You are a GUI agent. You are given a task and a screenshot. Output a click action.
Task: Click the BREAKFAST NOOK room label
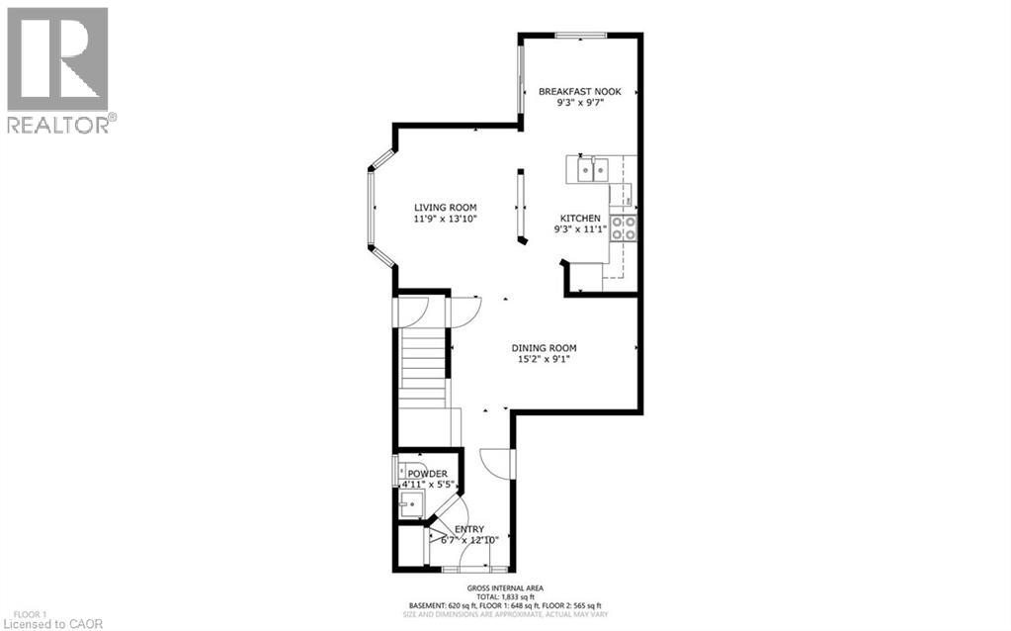click(579, 91)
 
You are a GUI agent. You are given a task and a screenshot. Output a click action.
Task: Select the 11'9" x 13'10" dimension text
click(445, 220)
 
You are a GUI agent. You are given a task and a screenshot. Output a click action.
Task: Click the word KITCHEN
click(580, 218)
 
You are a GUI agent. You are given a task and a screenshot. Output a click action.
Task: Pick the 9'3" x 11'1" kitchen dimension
click(580, 229)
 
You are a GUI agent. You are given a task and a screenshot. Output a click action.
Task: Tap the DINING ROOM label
click(544, 347)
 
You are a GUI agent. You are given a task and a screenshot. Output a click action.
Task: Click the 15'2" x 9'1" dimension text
click(544, 359)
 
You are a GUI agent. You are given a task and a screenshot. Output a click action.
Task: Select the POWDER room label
click(427, 475)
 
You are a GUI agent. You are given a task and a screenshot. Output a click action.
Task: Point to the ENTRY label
click(469, 529)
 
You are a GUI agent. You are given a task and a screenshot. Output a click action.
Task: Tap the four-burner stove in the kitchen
click(624, 229)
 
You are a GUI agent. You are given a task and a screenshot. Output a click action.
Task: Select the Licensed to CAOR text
click(46, 623)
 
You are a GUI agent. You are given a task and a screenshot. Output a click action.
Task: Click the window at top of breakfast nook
click(580, 36)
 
